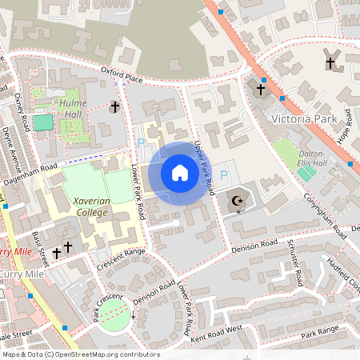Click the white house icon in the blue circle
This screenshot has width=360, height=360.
179,173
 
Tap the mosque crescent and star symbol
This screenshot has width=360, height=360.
236,202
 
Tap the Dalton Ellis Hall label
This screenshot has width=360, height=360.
308,158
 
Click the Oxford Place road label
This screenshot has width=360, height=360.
122,75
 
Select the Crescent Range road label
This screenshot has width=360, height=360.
121,258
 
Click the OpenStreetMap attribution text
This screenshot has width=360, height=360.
81,354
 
